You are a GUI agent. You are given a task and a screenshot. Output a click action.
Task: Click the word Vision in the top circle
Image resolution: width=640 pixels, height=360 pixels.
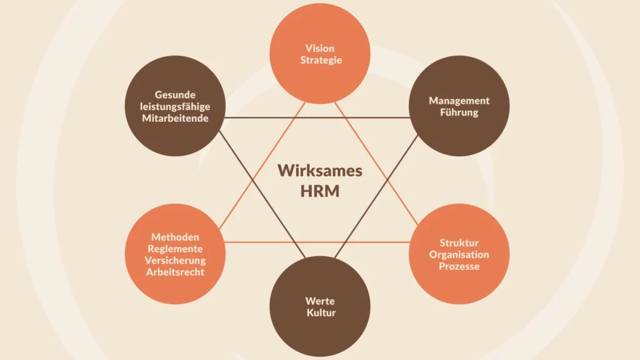320,48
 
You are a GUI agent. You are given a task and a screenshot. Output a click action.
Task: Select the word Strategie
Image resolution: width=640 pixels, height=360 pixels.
320,60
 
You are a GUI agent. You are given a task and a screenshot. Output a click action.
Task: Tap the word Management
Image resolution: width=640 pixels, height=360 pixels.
459,101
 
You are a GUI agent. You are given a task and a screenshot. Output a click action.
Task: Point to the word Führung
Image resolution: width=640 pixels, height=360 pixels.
459,112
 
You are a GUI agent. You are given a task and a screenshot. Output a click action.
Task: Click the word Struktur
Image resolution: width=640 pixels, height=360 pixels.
459,242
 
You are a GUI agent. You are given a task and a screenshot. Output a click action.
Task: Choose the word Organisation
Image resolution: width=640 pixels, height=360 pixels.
459,254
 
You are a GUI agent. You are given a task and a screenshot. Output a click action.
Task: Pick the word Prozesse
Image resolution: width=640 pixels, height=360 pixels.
459,266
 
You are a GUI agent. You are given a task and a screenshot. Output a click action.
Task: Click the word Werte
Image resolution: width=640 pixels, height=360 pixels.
320,301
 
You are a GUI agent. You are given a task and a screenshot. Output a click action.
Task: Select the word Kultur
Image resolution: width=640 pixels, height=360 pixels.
320,312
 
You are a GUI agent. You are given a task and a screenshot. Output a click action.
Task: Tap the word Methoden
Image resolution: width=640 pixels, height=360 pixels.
175,237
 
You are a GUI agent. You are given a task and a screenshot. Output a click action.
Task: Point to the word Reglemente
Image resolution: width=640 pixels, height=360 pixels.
175,249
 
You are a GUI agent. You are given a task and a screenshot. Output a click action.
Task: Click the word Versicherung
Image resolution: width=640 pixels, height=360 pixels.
175,260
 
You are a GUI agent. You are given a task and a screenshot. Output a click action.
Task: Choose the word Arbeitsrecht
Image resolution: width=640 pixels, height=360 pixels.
175,272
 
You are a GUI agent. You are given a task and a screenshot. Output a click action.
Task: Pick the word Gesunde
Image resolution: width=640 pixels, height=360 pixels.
175,95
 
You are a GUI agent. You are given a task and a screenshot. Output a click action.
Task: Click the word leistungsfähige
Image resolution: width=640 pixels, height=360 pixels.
175,106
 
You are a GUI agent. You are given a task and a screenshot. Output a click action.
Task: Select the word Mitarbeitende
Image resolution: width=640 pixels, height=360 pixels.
175,118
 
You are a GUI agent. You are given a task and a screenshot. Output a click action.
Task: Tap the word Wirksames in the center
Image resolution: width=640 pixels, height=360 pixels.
320,171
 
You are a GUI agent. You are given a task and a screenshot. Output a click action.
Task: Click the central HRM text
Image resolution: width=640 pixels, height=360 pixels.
320,191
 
